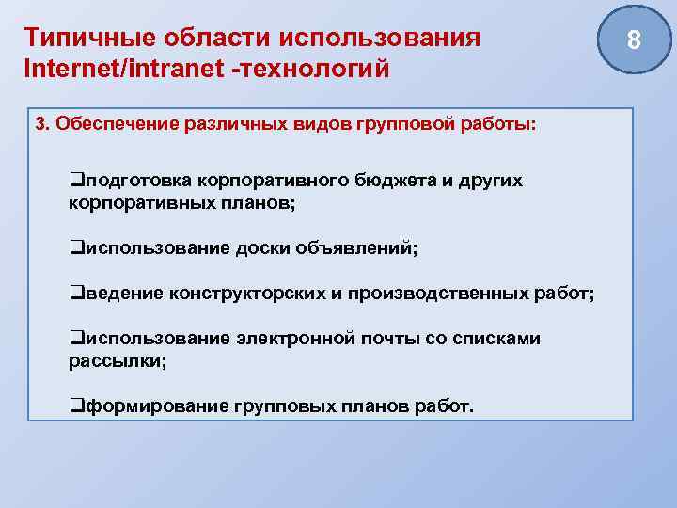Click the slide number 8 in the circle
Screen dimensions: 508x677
tap(633, 40)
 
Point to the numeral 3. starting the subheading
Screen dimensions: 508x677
tap(42, 125)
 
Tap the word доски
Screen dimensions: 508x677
tap(263, 248)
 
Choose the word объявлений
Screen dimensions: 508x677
tap(354, 248)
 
